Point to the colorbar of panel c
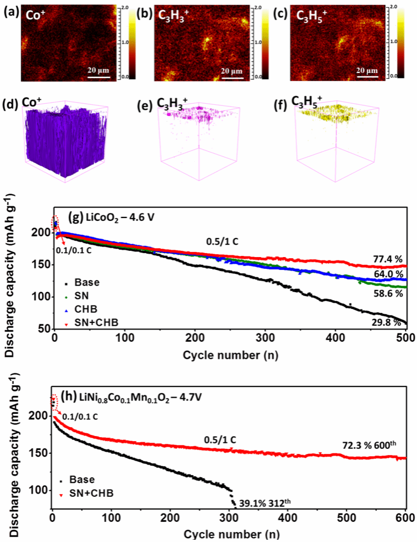coord(393,43)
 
